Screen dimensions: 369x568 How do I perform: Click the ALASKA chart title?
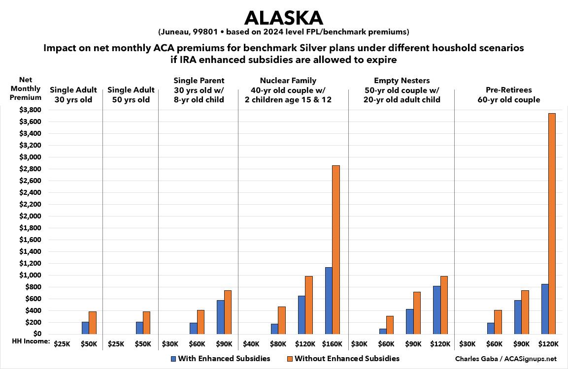[283, 18]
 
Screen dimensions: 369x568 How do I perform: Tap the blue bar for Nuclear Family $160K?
[329, 301]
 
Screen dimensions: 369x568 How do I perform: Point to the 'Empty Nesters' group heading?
[401, 81]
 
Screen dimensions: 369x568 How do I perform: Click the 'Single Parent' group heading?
[199, 81]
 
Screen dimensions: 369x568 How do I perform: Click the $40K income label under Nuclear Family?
[252, 343]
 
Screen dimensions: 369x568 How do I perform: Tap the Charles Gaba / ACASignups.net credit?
[512, 359]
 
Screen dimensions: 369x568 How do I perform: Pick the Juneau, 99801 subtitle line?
[283, 32]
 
